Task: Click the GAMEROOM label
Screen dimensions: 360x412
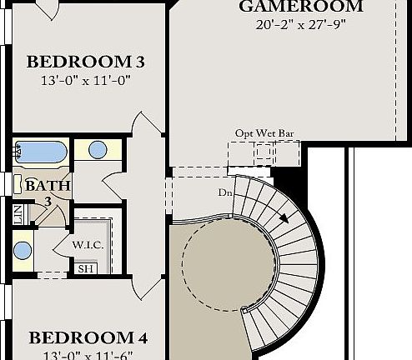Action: pos(300,7)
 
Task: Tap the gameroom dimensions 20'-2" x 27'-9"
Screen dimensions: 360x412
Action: pos(300,24)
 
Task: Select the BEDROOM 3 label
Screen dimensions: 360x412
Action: pos(86,62)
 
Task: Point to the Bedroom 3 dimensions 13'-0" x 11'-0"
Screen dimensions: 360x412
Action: pos(86,81)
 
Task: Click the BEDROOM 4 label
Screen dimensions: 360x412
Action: pos(88,337)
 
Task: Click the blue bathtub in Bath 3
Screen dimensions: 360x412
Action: pos(41,152)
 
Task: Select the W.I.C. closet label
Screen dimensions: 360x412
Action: pos(87,245)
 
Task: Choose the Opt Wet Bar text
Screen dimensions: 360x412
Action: pos(264,132)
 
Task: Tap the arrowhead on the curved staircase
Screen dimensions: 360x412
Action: pos(286,219)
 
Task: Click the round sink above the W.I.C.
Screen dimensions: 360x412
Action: pos(98,151)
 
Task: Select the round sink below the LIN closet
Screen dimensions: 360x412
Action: pos(23,249)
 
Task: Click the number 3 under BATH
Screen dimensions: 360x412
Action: pos(48,201)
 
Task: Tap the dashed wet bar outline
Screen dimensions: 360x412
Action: pos(264,152)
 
